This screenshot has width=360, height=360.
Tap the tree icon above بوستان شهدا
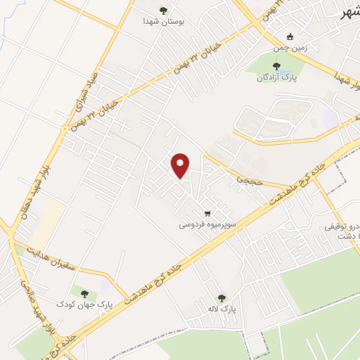(164, 11)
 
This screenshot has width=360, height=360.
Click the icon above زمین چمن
(290, 37)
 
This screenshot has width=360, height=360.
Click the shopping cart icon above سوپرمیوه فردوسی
(207, 213)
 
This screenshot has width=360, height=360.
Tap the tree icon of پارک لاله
(222, 297)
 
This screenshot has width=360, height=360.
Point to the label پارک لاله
(224, 309)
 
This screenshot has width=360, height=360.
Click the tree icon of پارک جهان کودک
(84, 293)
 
